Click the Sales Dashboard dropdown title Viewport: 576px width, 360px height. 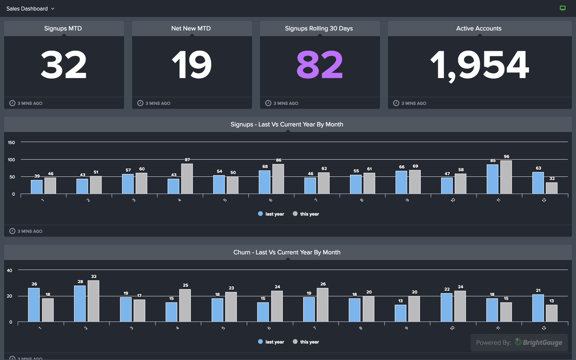pyautogui.click(x=30, y=8)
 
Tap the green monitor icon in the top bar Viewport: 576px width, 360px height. pyautogui.click(x=562, y=8)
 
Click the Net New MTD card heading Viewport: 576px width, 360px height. pyautogui.click(x=191, y=28)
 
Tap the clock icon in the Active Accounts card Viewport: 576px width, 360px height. pyautogui.click(x=396, y=103)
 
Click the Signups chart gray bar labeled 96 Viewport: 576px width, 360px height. pyautogui.click(x=506, y=177)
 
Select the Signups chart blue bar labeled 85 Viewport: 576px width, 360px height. pyautogui.click(x=492, y=179)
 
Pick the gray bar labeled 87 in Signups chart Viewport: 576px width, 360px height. pyautogui.click(x=187, y=179)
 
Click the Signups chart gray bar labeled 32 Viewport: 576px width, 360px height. pyautogui.click(x=552, y=188)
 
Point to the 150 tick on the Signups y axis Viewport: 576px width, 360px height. pyautogui.click(x=12, y=142)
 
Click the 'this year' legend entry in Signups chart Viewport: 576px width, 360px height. pyautogui.click(x=306, y=214)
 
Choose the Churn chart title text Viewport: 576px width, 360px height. pyautogui.click(x=287, y=252)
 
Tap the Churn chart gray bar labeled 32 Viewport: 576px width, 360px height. pyautogui.click(x=93, y=301)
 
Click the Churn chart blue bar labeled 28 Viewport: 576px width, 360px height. pyautogui.click(x=80, y=304)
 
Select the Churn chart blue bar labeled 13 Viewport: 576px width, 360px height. pyautogui.click(x=400, y=313)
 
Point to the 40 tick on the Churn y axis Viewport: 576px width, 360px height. pyautogui.click(x=10, y=270)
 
